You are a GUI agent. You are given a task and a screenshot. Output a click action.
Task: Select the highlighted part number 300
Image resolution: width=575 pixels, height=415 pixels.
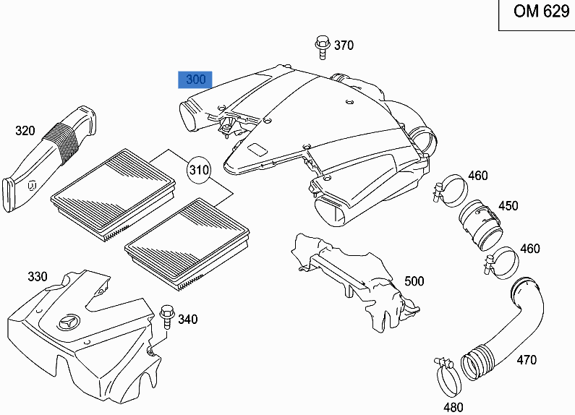(195, 80)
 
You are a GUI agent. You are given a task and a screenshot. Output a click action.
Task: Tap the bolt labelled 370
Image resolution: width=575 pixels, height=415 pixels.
(321, 46)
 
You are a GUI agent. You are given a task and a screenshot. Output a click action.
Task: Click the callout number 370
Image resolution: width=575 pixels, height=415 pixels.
(344, 46)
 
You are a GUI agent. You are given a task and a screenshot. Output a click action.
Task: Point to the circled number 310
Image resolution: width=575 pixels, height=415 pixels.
(198, 171)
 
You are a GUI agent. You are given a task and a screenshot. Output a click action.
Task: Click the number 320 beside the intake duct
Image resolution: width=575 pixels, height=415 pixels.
(25, 131)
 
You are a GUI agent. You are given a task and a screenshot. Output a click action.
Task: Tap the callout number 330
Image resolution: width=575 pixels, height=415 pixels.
(38, 277)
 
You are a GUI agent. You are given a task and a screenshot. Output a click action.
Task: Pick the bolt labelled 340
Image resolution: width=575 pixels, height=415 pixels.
(167, 317)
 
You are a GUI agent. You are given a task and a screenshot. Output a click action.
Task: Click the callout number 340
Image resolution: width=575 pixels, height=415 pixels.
(187, 320)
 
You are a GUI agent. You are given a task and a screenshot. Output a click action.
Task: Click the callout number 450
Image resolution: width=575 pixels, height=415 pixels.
(508, 206)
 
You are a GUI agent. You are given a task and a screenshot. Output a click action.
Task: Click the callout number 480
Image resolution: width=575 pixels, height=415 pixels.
(453, 407)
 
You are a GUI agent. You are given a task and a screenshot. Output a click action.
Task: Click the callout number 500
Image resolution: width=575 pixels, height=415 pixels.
(414, 281)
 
